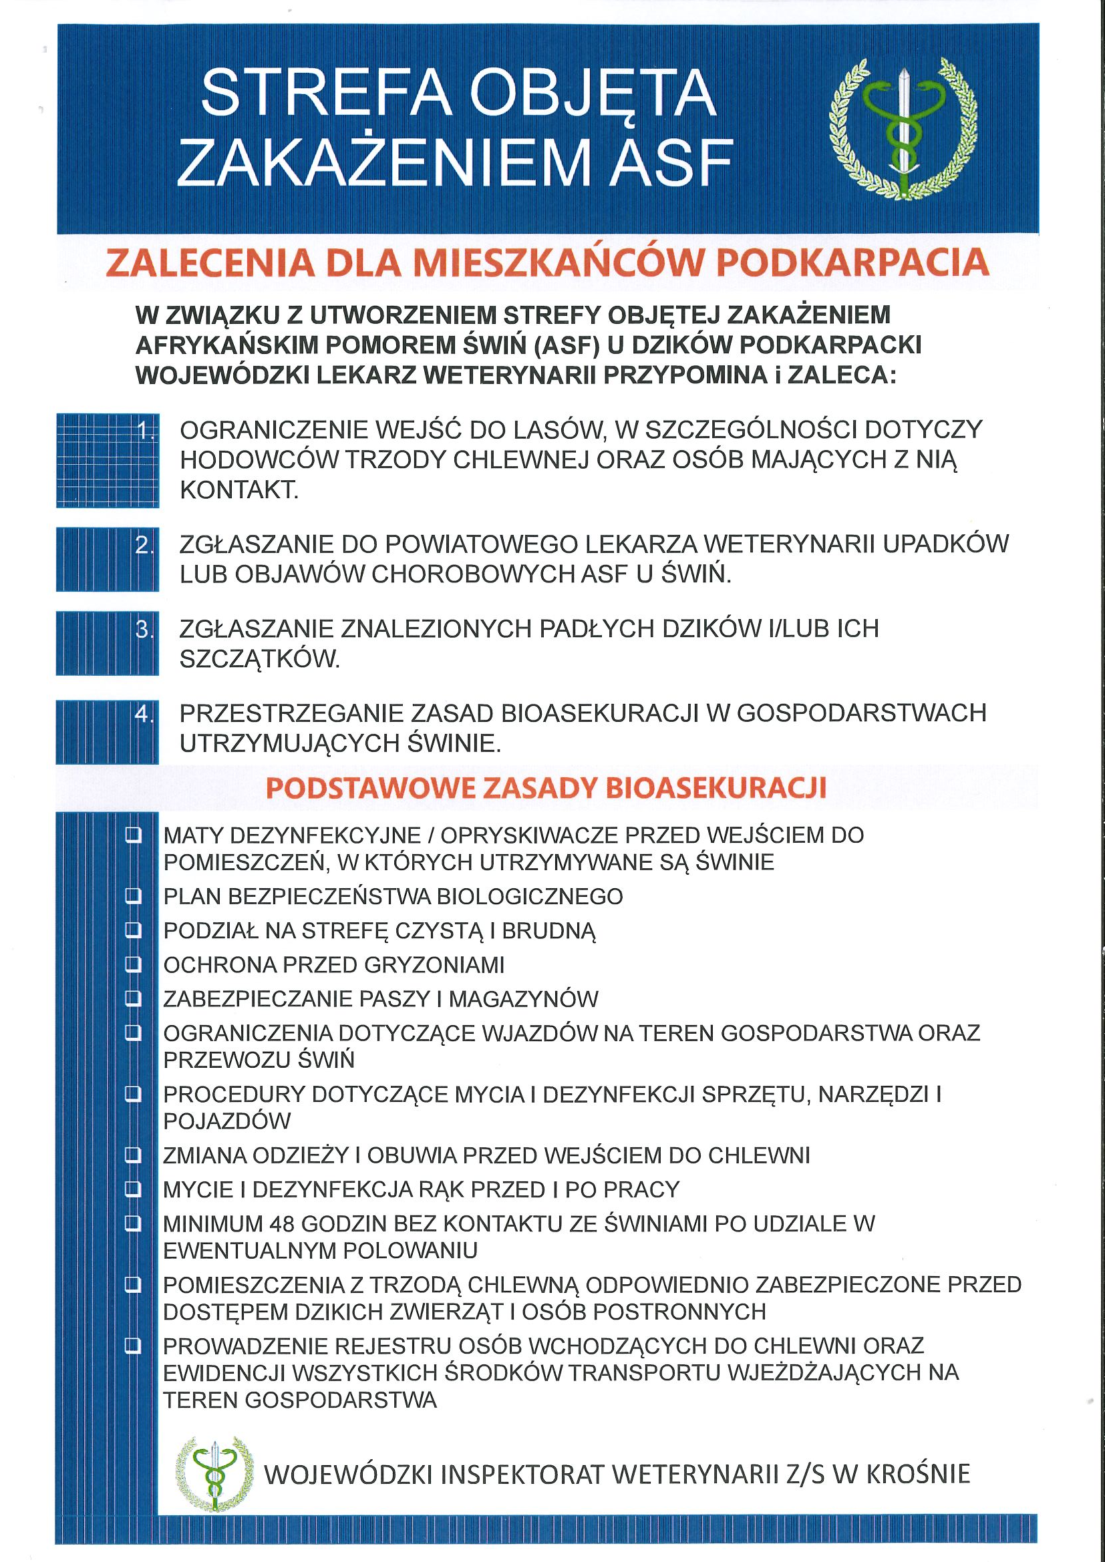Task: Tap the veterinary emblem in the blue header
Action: tap(903, 129)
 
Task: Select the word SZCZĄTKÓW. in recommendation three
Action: tap(259, 658)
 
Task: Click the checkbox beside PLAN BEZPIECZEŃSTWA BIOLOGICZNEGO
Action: tap(134, 896)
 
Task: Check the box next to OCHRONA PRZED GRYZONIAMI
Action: tap(134, 964)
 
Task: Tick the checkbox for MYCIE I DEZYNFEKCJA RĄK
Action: tap(134, 1189)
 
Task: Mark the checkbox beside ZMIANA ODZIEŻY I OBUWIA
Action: tap(134, 1155)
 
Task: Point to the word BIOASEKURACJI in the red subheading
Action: tap(715, 788)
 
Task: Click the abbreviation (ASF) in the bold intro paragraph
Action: tap(566, 346)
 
